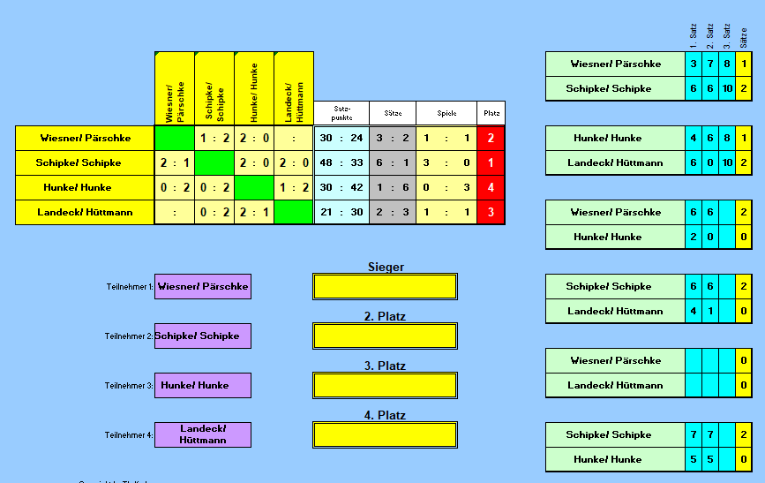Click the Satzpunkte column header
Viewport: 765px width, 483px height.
click(x=341, y=113)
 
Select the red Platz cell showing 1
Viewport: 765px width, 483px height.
click(x=491, y=163)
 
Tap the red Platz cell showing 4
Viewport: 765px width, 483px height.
click(x=491, y=188)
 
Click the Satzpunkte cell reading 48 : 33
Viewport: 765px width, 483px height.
click(x=341, y=163)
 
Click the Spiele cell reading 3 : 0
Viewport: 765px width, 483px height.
click(x=446, y=163)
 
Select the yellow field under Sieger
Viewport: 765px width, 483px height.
click(x=385, y=287)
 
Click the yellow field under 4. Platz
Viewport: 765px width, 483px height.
click(x=385, y=435)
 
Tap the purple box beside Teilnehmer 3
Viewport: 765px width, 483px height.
click(x=203, y=386)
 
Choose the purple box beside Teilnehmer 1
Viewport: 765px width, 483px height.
click(x=203, y=287)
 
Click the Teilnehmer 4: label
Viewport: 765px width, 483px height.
click(x=129, y=435)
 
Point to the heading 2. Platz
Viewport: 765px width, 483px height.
click(x=385, y=316)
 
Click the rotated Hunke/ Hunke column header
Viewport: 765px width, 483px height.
click(x=254, y=89)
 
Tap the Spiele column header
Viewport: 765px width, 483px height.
click(x=446, y=113)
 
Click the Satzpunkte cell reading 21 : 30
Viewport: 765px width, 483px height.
click(x=341, y=213)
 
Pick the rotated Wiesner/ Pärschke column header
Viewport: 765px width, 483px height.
click(x=175, y=89)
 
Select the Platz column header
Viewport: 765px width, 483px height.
click(x=491, y=113)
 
